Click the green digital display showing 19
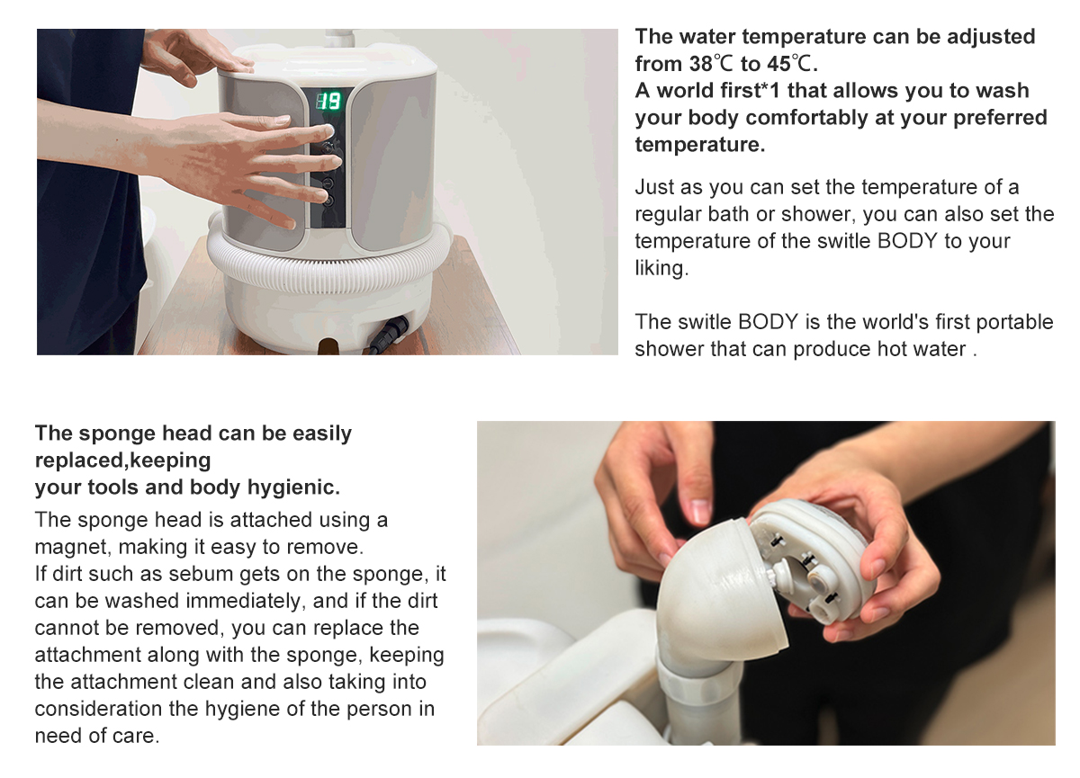click(x=328, y=101)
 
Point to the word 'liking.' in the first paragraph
click(x=661, y=268)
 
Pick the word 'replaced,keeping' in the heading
click(x=123, y=461)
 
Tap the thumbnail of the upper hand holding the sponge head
click(x=700, y=510)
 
